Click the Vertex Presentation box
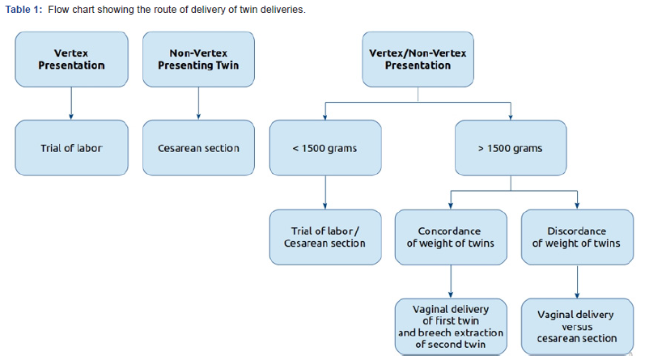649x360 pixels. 71,59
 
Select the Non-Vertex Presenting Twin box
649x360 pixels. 199,59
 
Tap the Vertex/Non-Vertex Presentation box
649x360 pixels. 418,59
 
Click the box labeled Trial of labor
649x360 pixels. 71,148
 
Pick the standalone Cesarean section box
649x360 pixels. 199,148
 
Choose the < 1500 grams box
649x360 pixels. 324,148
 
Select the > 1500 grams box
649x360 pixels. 510,148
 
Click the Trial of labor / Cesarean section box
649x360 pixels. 324,236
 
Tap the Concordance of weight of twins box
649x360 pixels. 449,236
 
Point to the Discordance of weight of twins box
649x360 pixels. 576,236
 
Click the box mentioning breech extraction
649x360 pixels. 449,326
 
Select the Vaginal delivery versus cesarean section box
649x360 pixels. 576,326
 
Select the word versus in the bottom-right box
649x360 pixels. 576,327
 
